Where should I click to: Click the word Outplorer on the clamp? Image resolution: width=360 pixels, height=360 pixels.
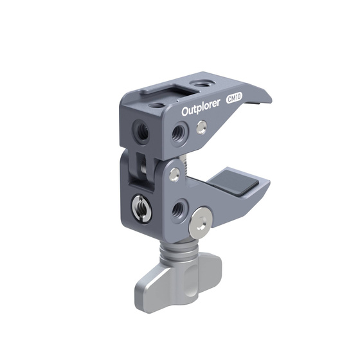click(201, 110)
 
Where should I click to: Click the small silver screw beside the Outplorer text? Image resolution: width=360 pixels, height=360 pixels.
click(203, 126)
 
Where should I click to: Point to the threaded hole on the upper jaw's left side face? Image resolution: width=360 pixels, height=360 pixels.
click(143, 130)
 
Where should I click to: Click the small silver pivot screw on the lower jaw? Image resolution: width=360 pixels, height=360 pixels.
click(174, 172)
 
